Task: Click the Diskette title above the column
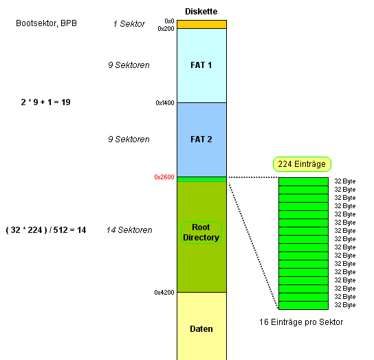(201, 12)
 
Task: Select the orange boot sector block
(202, 24)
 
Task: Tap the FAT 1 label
(201, 65)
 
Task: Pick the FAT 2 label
(201, 139)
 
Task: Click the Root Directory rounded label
(201, 232)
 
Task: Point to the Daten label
(201, 329)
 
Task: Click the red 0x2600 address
(164, 177)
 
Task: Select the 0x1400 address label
(165, 103)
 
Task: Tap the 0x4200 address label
(164, 292)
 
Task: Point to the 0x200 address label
(166, 29)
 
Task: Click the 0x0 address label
(169, 21)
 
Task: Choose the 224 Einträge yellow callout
(302, 164)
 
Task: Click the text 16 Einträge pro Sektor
(301, 322)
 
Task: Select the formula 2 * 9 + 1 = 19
(45, 102)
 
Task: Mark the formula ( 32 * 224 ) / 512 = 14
(46, 230)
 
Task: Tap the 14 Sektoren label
(129, 230)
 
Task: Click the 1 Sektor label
(129, 24)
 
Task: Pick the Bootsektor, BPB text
(46, 23)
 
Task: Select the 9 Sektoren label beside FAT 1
(129, 65)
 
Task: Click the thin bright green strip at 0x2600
(202, 179)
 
